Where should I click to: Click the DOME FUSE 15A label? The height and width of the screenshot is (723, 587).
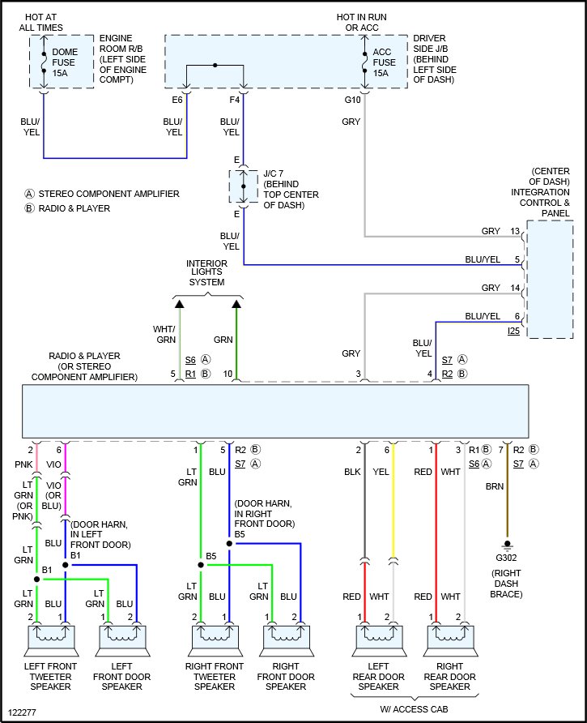[x=65, y=62]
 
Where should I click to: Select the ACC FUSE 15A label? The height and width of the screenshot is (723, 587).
[x=385, y=62]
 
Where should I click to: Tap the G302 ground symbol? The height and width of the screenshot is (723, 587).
[x=507, y=546]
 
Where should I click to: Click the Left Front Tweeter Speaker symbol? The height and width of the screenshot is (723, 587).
[x=51, y=640]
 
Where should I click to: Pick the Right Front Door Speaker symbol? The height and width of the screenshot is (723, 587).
[x=286, y=640]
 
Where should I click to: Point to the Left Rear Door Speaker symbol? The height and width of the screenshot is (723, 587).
[x=379, y=640]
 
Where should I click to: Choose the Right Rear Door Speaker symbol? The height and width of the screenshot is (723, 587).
[x=450, y=640]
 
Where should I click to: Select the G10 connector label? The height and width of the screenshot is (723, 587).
[x=352, y=100]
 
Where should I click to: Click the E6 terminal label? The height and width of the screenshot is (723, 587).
[x=177, y=100]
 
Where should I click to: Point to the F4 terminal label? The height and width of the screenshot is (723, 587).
[x=235, y=100]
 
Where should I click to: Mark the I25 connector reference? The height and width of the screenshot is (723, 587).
[x=513, y=331]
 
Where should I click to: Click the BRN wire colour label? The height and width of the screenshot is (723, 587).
[x=495, y=486]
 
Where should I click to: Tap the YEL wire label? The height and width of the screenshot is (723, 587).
[x=381, y=472]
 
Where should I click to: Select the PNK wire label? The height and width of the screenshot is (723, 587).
[x=23, y=464]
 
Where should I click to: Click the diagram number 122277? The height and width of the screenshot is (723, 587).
[x=22, y=712]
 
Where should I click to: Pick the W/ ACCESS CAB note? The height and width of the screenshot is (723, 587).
[x=414, y=709]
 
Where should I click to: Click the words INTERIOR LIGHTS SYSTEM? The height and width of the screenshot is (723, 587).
[x=206, y=272]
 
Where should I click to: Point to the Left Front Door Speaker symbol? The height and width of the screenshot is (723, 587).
[x=122, y=640]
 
